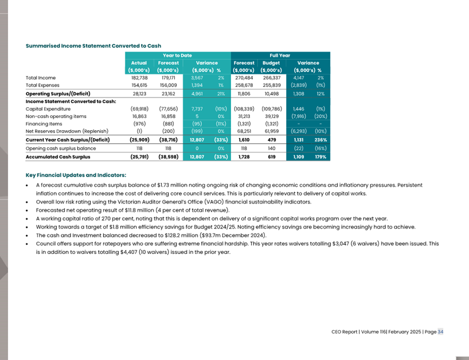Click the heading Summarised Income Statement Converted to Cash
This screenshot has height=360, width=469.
click(93, 46)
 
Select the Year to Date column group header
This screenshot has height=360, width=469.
click(177, 56)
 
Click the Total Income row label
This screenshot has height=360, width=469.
click(41, 78)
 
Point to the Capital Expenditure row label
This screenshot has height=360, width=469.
click(48, 108)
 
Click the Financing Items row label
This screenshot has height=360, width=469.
click(44, 123)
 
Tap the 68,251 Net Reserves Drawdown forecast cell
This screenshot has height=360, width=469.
click(244, 130)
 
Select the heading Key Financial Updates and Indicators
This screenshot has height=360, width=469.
click(76, 175)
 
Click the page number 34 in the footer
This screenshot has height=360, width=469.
click(440, 332)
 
